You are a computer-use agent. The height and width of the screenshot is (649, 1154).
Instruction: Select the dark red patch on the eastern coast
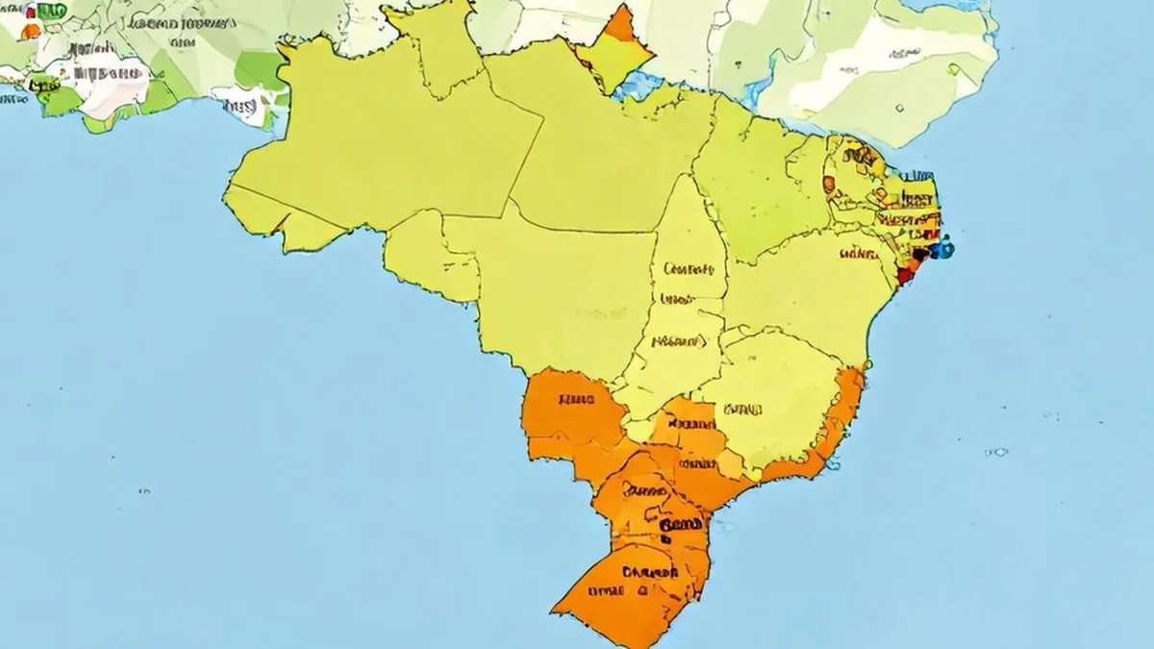pos(905,273)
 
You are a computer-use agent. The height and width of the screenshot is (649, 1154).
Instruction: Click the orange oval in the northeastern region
pos(829,184)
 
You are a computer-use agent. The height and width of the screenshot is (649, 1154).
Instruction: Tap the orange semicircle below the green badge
pos(31,31)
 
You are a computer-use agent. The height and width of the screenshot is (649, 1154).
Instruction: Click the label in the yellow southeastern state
pos(742,411)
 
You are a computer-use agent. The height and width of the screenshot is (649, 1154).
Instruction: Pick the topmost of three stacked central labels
pos(689,268)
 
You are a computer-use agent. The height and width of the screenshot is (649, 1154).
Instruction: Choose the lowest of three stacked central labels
pos(679,340)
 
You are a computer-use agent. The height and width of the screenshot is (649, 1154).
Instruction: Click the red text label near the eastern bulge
pos(856,255)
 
